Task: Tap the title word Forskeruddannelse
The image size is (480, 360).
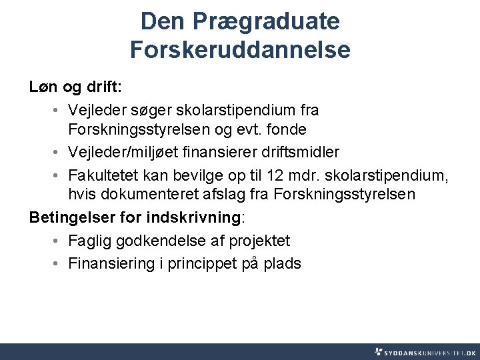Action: click(x=240, y=50)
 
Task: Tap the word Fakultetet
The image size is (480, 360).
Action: click(x=102, y=175)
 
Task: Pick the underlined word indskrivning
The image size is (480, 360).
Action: click(x=194, y=218)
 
